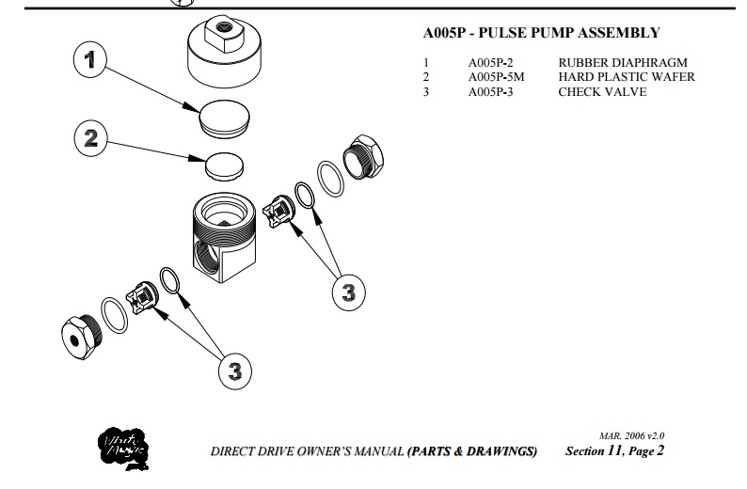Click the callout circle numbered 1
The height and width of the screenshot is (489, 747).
pos(89,61)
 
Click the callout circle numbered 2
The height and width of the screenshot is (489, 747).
pos(90,138)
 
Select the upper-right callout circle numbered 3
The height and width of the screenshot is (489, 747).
pos(348,292)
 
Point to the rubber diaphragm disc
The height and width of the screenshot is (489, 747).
pos(226,120)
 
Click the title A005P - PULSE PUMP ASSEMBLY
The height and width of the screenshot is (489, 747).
pos(541,33)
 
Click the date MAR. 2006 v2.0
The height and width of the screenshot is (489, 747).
pos(637,436)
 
